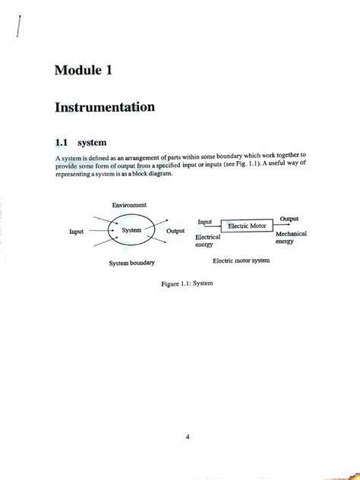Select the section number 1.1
click(62, 141)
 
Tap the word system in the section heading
click(93, 141)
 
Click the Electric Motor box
click(247, 226)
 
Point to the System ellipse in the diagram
click(132, 230)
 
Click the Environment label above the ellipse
click(129, 205)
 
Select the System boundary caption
click(131, 263)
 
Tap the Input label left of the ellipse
click(76, 231)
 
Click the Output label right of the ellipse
click(175, 231)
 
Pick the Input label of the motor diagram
click(205, 222)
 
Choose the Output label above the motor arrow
click(289, 218)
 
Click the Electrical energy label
click(207, 242)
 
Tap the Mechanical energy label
click(291, 238)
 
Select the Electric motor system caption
click(241, 261)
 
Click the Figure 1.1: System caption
click(187, 283)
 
